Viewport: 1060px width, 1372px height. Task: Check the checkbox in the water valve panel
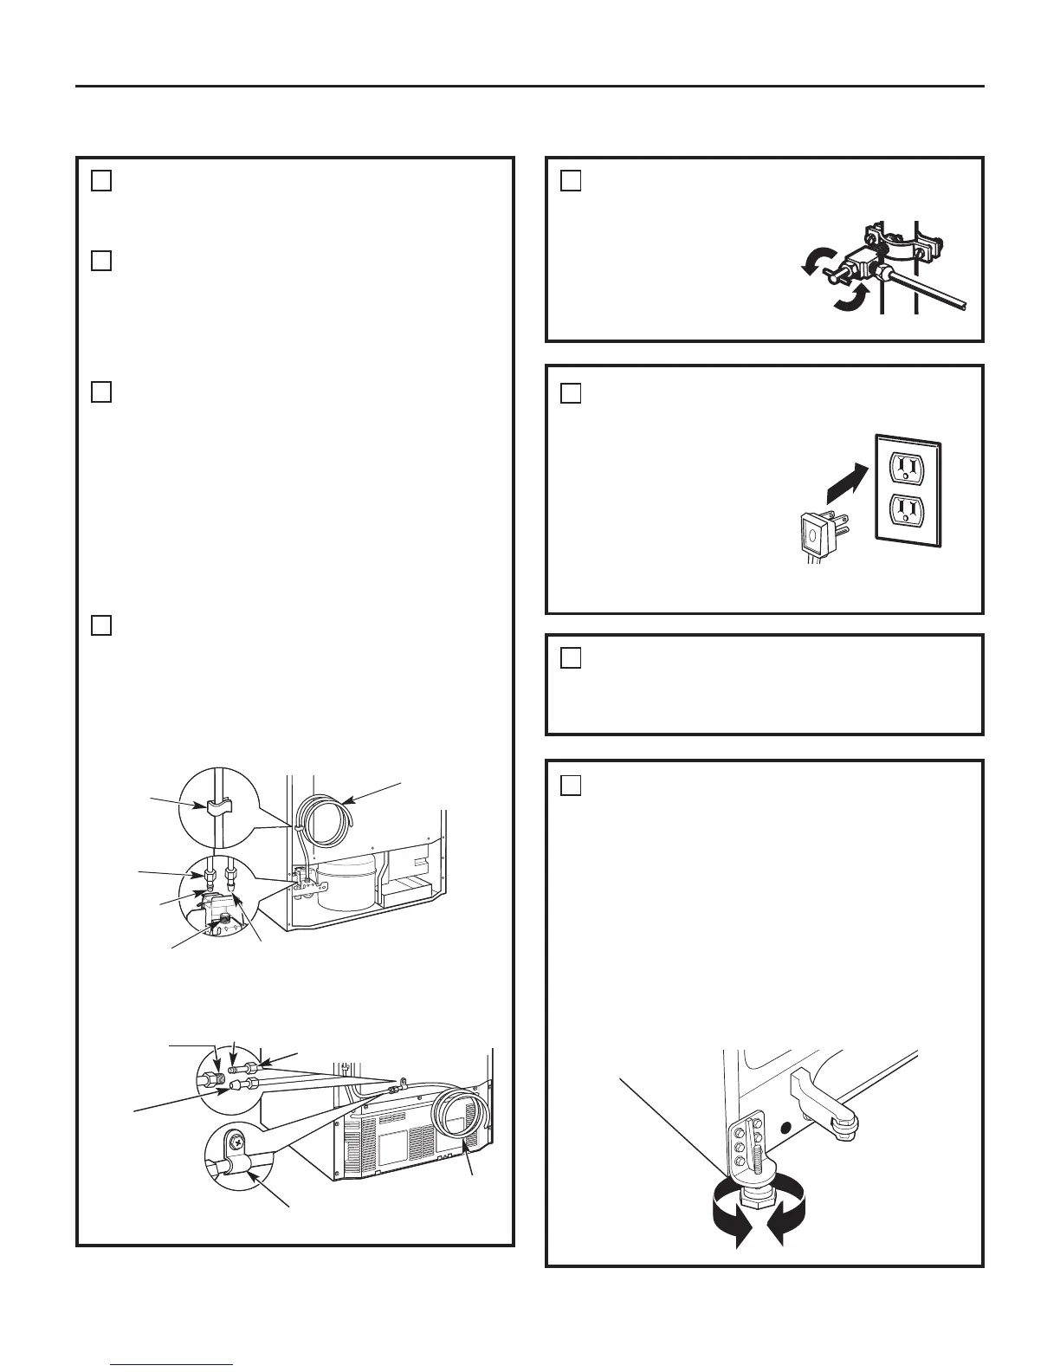coord(570,180)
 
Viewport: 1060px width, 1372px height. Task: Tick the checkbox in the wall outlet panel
coord(570,393)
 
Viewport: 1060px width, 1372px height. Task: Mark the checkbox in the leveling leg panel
coord(570,785)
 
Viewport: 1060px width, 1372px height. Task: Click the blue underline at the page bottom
coord(172,1365)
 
